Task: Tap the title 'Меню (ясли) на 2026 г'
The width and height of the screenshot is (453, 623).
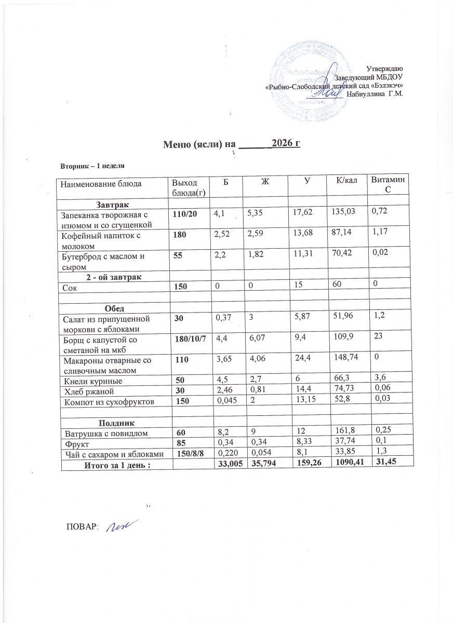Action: pos(233,144)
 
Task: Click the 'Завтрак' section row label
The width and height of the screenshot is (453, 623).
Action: pos(112,202)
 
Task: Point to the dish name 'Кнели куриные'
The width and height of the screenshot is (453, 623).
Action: pos(88,380)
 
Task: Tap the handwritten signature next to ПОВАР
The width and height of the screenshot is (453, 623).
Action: pos(119,526)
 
